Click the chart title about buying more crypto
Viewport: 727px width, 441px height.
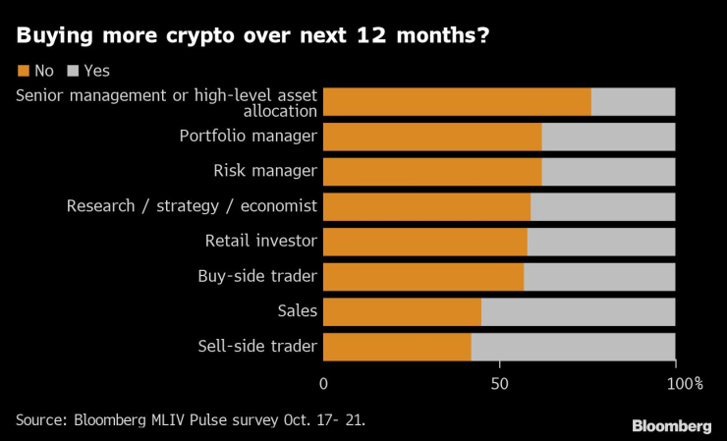tap(253, 37)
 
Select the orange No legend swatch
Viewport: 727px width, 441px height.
tap(23, 71)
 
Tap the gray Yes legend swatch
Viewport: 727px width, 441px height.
tap(73, 71)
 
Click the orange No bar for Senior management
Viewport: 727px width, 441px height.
tap(457, 102)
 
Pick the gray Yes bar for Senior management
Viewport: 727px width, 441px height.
tap(633, 102)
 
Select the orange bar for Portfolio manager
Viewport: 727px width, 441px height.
tap(432, 137)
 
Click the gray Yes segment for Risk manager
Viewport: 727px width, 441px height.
tap(608, 172)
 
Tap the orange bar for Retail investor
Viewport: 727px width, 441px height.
tap(425, 242)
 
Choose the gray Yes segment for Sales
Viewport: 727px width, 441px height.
tap(578, 312)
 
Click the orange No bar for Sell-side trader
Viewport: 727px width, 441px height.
tap(397, 347)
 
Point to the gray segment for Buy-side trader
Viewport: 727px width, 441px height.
tap(599, 277)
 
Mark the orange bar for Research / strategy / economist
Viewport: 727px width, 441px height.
tap(426, 207)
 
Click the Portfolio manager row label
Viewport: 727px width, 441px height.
tap(248, 137)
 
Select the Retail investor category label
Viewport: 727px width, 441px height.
tap(260, 242)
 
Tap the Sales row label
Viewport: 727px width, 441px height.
tap(298, 312)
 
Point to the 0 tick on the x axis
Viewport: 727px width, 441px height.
tap(324, 383)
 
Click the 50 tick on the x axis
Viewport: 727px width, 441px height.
tap(499, 383)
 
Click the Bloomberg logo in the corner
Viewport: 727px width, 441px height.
tap(671, 425)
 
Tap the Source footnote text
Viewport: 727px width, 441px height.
tap(190, 419)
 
